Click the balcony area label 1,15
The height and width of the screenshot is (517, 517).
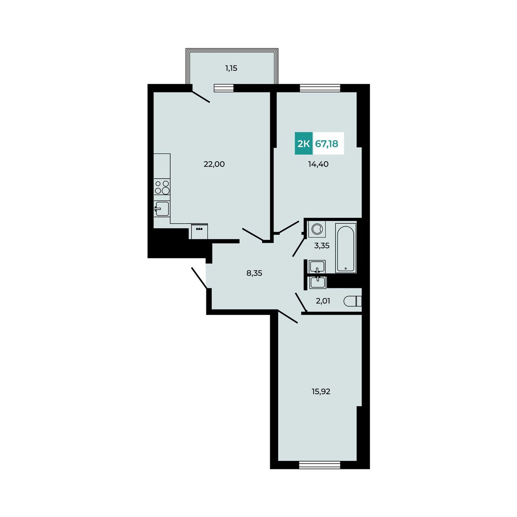tap(231, 68)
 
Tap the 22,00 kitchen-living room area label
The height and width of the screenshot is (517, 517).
tap(214, 164)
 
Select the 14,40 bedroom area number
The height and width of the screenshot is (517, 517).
tap(318, 164)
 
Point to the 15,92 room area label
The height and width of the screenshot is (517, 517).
tap(321, 391)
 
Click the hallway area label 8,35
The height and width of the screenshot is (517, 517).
tap(254, 273)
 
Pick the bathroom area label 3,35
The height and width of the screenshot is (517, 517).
tap(322, 246)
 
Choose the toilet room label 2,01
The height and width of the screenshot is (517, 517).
tap(323, 301)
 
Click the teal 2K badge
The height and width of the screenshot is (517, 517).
tap(303, 143)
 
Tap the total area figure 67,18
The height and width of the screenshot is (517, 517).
tap(326, 144)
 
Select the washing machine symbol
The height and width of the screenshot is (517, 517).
tap(317, 229)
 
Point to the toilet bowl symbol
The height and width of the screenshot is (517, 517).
tap(352, 301)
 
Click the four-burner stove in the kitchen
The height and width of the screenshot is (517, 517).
tap(162, 187)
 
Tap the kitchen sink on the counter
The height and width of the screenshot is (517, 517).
tap(162, 208)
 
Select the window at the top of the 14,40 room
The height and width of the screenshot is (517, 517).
tap(320, 88)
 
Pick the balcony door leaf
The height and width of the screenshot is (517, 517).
tap(201, 97)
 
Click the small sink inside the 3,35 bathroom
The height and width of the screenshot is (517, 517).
tap(317, 267)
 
